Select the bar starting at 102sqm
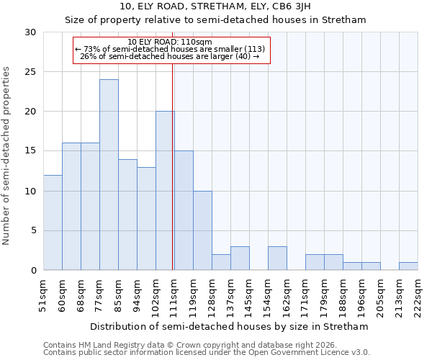coord(165,191)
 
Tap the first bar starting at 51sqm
coord(53,222)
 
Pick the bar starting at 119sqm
coord(202,230)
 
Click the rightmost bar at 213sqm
coord(408,266)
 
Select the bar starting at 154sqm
coord(277,258)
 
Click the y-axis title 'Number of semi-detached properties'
coord(7,156)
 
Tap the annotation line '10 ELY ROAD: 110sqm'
coord(169,42)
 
